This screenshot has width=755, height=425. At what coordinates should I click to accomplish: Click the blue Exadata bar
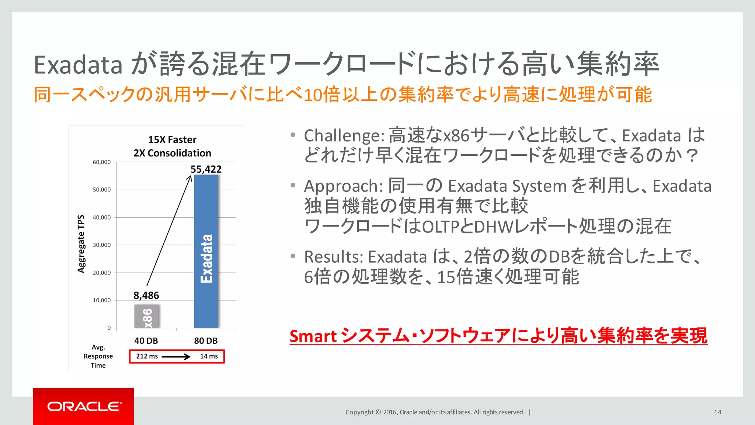[206, 251]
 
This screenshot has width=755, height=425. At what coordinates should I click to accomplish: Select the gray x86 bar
[147, 317]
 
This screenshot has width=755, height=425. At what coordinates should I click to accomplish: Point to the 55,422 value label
[206, 169]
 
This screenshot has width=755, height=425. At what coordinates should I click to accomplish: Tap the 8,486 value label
[146, 296]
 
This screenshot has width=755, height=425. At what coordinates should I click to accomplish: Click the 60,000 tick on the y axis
[102, 162]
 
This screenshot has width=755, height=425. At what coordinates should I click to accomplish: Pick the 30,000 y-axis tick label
[102, 245]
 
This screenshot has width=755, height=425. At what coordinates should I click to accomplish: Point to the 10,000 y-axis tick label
[102, 300]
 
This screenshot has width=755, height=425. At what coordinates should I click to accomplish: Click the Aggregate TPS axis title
[81, 244]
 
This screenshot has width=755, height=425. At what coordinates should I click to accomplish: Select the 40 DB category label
[146, 341]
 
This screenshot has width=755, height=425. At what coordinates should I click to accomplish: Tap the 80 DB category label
[206, 341]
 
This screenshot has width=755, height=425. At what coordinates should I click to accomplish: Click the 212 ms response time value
[147, 356]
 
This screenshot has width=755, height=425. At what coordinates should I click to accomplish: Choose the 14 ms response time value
[209, 356]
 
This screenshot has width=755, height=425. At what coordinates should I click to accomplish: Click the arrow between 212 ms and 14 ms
[176, 357]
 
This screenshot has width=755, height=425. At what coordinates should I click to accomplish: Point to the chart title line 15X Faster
[172, 140]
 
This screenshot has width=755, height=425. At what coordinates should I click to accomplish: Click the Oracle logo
[84, 407]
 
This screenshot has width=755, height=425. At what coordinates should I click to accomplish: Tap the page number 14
[717, 412]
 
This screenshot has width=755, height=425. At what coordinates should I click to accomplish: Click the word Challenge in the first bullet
[343, 136]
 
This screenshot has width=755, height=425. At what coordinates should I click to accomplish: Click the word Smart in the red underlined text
[313, 336]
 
